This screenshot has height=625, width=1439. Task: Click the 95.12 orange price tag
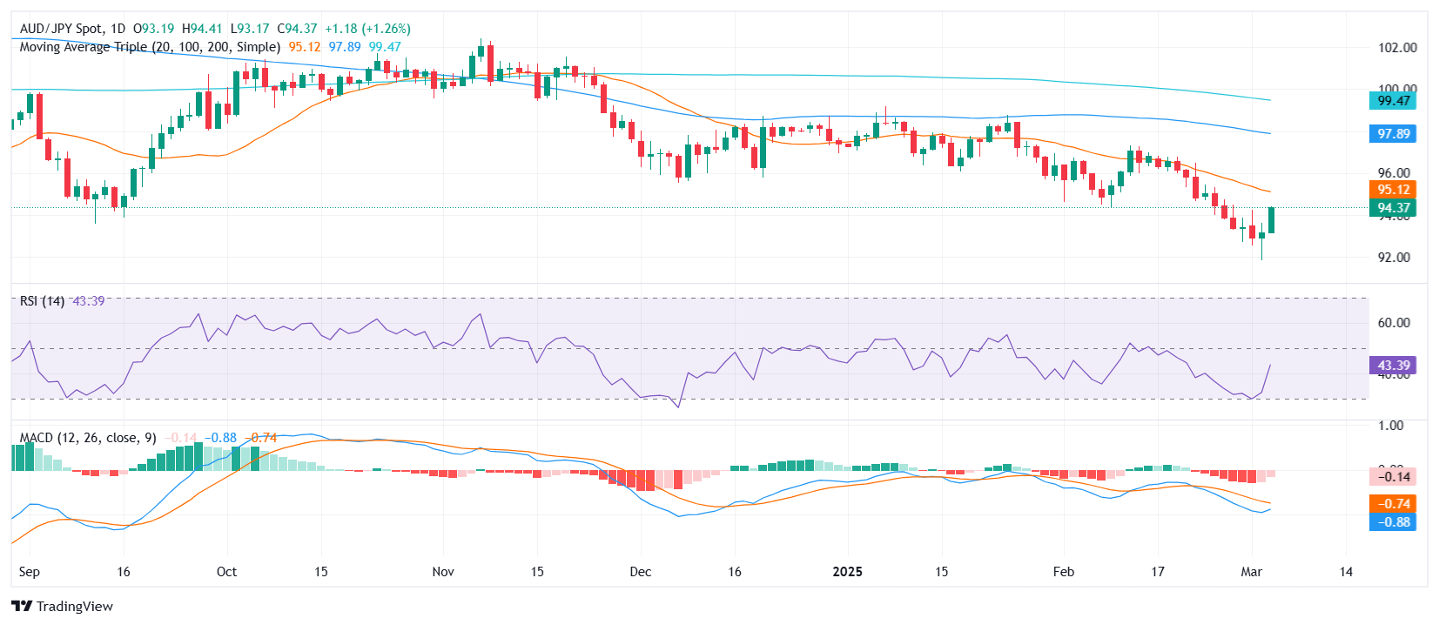pyautogui.click(x=1393, y=190)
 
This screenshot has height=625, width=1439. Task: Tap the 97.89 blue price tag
pyautogui.click(x=1393, y=134)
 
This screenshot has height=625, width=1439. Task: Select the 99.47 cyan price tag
pyautogui.click(x=1393, y=101)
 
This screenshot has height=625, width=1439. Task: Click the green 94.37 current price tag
pyautogui.click(x=1393, y=208)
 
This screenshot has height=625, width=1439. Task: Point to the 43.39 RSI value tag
pyautogui.click(x=1393, y=366)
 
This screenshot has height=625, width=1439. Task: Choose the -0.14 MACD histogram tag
pyautogui.click(x=1393, y=476)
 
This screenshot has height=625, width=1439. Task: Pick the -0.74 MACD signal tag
pyautogui.click(x=1393, y=503)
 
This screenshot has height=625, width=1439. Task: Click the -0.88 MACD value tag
pyautogui.click(x=1393, y=522)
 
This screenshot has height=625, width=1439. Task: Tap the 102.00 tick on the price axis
pyautogui.click(x=1397, y=48)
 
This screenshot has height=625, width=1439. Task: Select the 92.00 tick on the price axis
pyautogui.click(x=1394, y=258)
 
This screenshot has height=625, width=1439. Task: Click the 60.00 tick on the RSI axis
pyautogui.click(x=1394, y=323)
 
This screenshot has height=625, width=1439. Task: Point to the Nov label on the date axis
pyautogui.click(x=443, y=572)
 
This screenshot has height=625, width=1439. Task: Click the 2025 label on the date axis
pyautogui.click(x=847, y=572)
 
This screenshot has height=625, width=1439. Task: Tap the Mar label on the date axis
pyautogui.click(x=1251, y=572)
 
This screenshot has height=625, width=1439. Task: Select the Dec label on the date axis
pyautogui.click(x=641, y=572)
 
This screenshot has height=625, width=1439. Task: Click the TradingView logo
pyautogui.click(x=63, y=607)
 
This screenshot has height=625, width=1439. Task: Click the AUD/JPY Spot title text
pyautogui.click(x=61, y=29)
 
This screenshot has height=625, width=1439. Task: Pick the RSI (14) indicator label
pyautogui.click(x=42, y=301)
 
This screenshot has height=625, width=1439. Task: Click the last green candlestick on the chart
pyautogui.click(x=1272, y=220)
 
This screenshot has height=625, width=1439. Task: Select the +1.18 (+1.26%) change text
pyautogui.click(x=367, y=29)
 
